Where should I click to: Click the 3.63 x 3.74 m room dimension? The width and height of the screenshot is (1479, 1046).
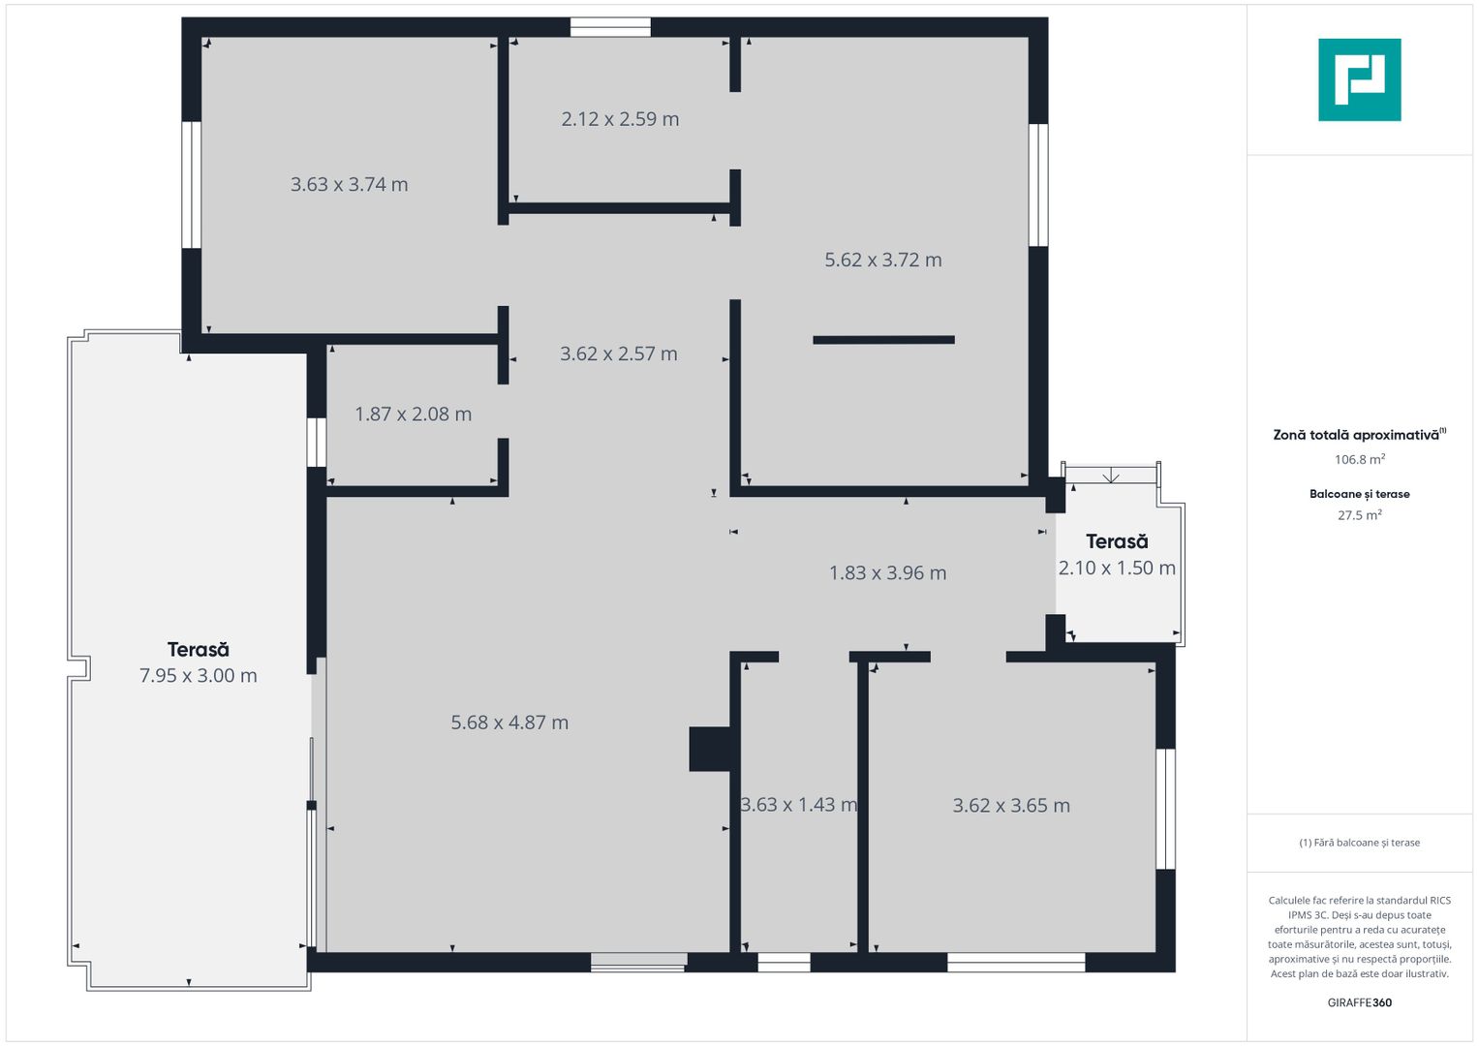click(350, 184)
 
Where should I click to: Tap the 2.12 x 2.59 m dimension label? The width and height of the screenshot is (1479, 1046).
click(620, 119)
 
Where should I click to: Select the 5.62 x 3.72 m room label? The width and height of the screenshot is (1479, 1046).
click(882, 260)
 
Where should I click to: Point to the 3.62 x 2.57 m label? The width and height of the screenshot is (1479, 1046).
click(619, 354)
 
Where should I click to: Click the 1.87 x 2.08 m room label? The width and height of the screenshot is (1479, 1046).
click(414, 415)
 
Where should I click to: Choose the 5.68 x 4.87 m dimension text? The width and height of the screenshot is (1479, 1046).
click(509, 723)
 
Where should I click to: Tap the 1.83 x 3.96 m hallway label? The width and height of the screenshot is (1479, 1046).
click(887, 572)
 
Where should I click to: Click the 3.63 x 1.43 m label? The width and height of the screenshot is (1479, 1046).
click(799, 804)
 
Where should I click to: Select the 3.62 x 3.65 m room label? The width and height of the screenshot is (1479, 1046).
click(1011, 805)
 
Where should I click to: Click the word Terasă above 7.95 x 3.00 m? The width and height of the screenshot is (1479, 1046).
click(199, 650)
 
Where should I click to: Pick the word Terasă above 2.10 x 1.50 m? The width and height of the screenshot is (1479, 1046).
click(1117, 541)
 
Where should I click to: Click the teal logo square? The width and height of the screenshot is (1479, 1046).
click(1360, 79)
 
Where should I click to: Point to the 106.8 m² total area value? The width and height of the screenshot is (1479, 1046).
click(1360, 459)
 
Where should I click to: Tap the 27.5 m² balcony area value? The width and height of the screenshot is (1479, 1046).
click(1360, 515)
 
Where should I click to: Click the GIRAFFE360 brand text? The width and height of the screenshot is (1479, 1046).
click(1360, 1002)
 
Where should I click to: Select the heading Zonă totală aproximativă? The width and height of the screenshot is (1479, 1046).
click(1360, 435)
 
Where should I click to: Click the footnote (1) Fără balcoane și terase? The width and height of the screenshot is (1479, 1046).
click(1360, 843)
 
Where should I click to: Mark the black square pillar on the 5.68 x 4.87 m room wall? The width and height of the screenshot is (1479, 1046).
click(710, 749)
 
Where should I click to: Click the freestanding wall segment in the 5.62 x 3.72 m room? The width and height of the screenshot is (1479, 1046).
click(883, 340)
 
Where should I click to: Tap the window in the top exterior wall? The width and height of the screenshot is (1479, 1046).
click(610, 27)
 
